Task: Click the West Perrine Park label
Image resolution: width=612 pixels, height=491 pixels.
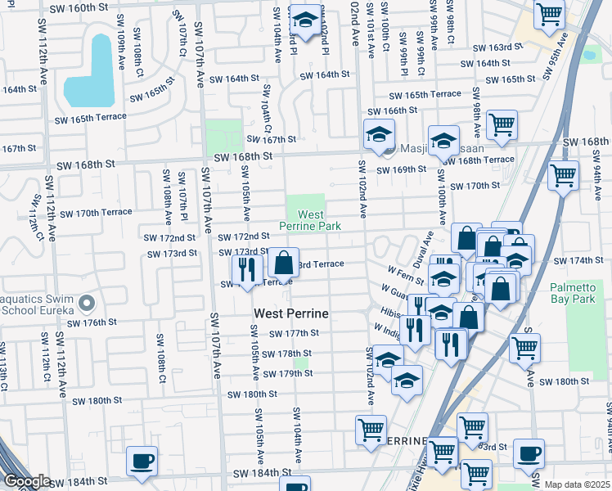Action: pyautogui.click(x=308, y=219)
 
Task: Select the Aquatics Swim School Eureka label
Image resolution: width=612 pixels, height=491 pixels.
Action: pyautogui.click(x=36, y=305)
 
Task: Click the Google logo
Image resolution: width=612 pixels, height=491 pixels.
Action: pyautogui.click(x=26, y=481)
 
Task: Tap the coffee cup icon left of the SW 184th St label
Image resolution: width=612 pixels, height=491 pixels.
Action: pyautogui.click(x=142, y=461)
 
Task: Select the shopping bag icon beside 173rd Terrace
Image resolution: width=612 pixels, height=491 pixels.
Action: pyautogui.click(x=283, y=263)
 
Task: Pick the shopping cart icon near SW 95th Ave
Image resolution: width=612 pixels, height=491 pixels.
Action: pyautogui.click(x=549, y=13)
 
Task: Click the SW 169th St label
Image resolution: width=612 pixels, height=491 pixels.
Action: pyautogui.click(x=401, y=170)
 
